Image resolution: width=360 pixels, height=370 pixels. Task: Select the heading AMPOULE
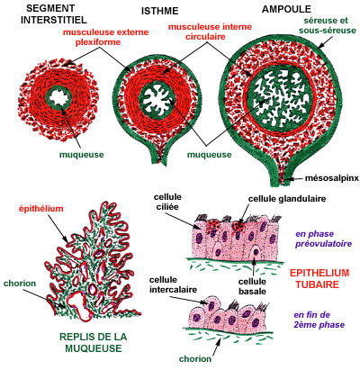tap(286, 9)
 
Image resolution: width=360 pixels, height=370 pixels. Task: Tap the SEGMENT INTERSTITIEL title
tap(54, 14)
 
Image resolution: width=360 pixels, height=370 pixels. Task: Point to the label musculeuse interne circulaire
tap(210, 32)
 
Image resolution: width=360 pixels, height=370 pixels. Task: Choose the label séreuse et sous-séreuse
tap(328, 25)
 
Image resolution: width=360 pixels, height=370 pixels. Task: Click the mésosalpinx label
tap(332, 178)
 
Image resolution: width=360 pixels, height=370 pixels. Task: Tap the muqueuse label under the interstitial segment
tap(82, 155)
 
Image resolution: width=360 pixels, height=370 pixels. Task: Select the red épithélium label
tap(41, 208)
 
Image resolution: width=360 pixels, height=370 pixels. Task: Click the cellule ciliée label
tap(167, 202)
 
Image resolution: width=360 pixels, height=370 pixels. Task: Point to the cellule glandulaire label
tap(287, 199)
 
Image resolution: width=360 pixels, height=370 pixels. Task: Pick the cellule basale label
tap(252, 286)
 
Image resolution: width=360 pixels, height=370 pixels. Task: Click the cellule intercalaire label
tap(173, 284)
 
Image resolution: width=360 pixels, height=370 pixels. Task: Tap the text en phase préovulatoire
tap(323, 239)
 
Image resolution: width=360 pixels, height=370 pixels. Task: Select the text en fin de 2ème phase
tap(319, 320)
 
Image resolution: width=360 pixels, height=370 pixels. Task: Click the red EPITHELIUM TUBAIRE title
tap(319, 278)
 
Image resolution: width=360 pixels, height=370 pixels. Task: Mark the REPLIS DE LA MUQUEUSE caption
tap(94, 342)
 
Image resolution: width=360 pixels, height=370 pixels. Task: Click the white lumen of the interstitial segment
tap(61, 97)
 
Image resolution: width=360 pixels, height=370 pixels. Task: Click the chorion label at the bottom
tap(195, 358)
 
